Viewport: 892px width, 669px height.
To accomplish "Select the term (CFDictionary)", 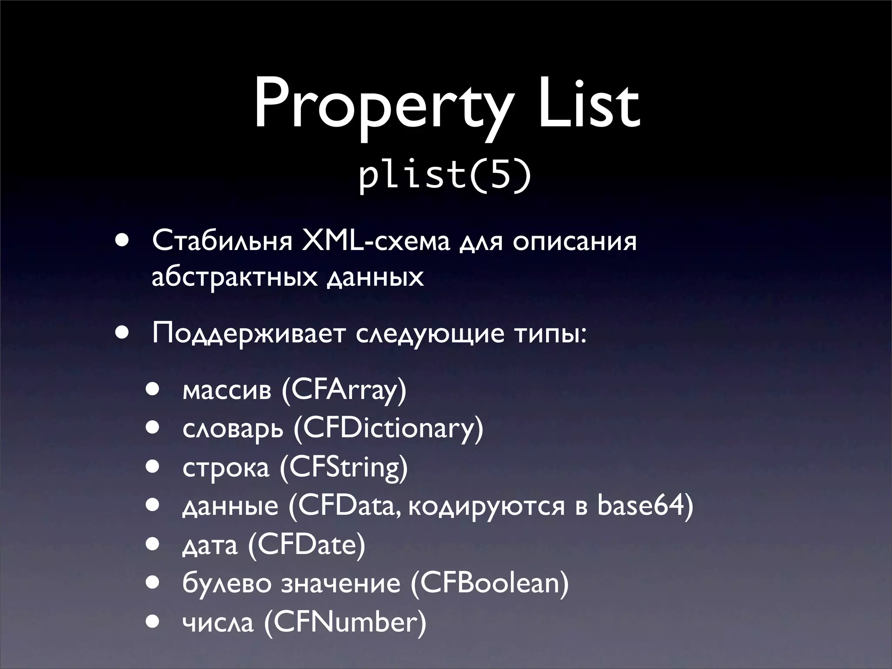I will click(x=388, y=429).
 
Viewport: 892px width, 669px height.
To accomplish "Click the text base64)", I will click(x=645, y=506).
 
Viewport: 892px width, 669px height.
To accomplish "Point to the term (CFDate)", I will click(x=306, y=545).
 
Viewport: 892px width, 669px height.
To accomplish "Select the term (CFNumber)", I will click(x=345, y=622).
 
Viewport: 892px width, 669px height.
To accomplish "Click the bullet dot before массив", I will click(x=153, y=389).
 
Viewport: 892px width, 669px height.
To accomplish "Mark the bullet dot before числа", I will click(x=153, y=621).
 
